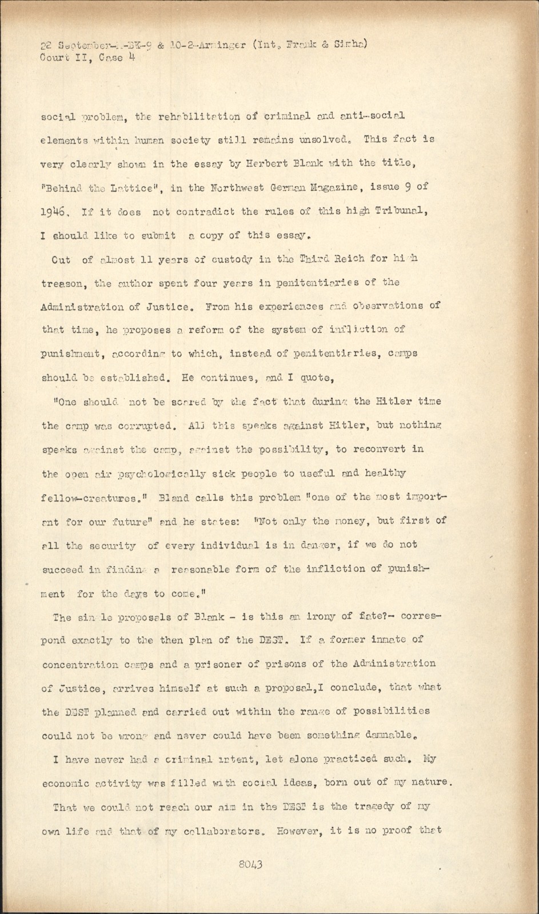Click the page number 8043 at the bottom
(251, 864)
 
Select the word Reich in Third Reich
(333, 259)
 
